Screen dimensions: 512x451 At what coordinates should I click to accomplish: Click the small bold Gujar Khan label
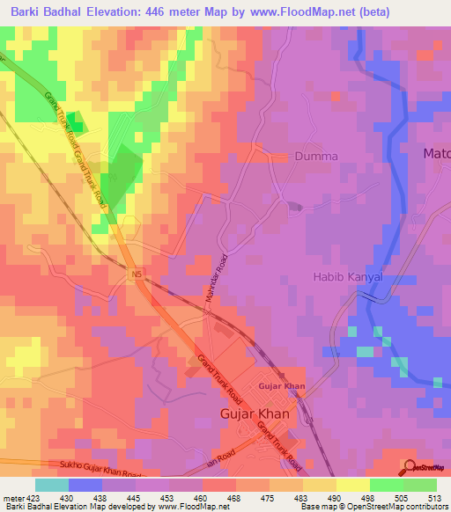point(281,387)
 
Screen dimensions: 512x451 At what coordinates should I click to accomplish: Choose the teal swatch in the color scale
point(51,485)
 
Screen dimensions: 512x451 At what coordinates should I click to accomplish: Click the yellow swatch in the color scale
point(353,485)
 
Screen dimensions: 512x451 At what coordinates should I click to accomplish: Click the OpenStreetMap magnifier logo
point(409,465)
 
